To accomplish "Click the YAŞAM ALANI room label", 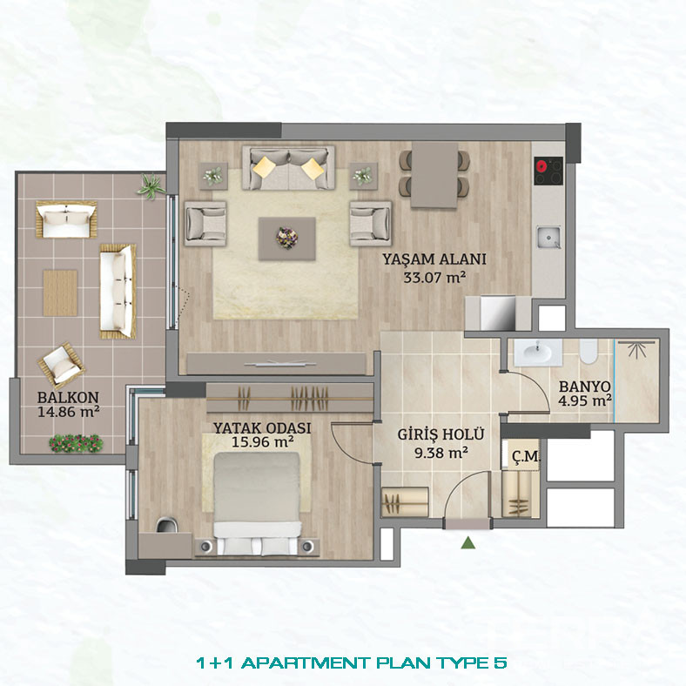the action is (x=434, y=259).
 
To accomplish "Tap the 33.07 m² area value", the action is (x=434, y=278).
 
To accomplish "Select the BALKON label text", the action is (x=68, y=397).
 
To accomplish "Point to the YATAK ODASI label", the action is (x=262, y=427).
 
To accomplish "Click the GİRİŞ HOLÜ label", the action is (x=441, y=434).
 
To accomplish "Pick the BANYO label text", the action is (x=584, y=387).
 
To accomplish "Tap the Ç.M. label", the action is (x=526, y=456).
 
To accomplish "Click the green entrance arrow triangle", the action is (x=468, y=542).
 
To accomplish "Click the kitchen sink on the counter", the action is (x=548, y=237).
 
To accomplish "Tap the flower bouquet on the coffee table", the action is (x=287, y=238).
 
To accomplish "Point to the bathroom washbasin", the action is (x=538, y=352).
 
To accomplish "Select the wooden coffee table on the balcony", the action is (x=60, y=293).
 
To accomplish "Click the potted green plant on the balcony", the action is (x=151, y=186).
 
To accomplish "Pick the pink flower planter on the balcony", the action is (x=76, y=443).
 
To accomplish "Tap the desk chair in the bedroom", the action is (x=166, y=524).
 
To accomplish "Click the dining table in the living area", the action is (x=434, y=175).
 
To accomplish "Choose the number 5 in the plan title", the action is (x=500, y=662).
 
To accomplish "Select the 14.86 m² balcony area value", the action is (x=68, y=412).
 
